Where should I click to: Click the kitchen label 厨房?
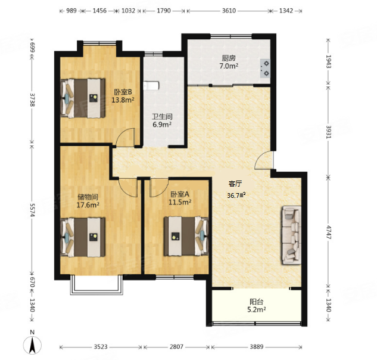(x=229, y=58)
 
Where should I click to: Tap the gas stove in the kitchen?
(x=264, y=68)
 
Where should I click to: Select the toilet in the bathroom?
(x=151, y=85)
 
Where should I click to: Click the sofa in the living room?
(x=292, y=235)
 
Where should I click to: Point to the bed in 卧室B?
(x=83, y=98)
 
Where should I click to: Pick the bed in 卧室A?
(x=186, y=236)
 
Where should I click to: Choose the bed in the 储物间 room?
(x=83, y=237)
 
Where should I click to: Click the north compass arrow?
(x=32, y=345)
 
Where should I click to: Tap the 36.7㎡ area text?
(x=236, y=195)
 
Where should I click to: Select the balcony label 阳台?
(x=256, y=302)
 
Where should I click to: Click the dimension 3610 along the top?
(x=229, y=11)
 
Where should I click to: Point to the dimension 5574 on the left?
(x=32, y=209)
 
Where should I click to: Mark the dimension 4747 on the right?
(x=328, y=232)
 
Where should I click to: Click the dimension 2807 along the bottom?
(x=176, y=347)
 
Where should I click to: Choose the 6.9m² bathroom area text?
(x=162, y=125)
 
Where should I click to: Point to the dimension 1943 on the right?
(x=328, y=61)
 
